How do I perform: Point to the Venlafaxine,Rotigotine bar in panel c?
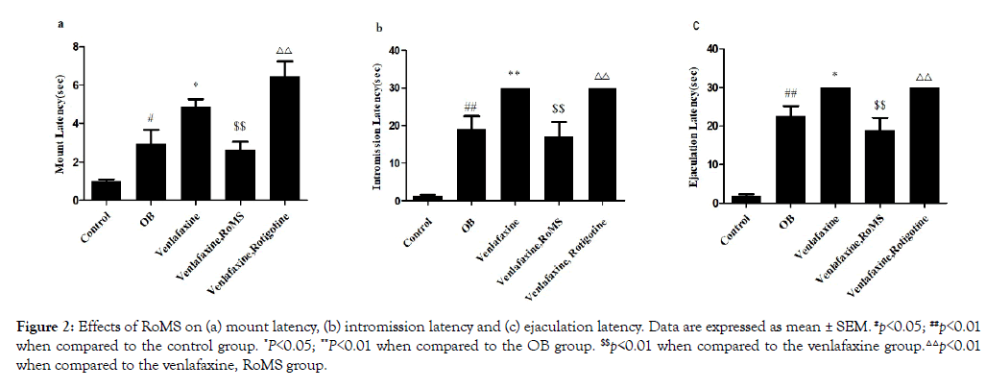[924, 145]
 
